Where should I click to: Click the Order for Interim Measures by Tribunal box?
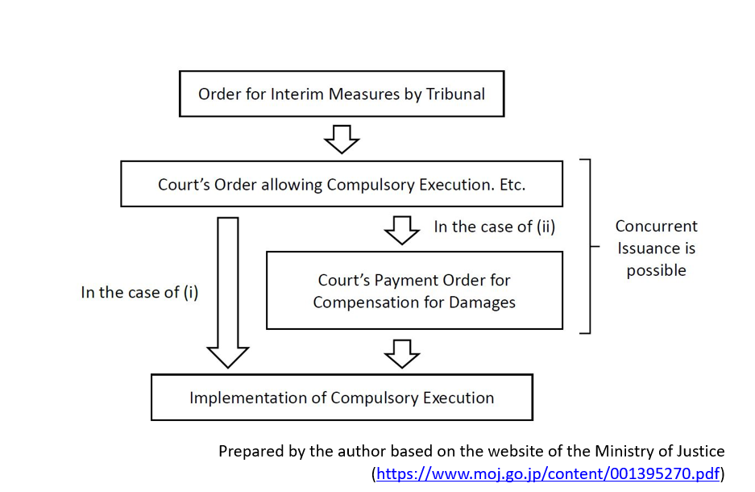[342, 94]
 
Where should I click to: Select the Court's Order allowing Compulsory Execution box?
[342, 184]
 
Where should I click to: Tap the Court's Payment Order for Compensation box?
[414, 290]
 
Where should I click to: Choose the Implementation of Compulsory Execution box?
[342, 398]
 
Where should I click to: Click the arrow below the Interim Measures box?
[342, 140]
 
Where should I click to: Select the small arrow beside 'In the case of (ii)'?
[402, 230]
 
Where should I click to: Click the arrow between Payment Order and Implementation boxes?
[402, 352]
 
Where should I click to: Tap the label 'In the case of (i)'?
[139, 292]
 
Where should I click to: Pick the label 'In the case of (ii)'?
[495, 227]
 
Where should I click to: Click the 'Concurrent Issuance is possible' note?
[656, 248]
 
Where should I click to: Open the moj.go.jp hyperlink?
[548, 473]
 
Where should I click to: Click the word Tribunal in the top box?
[454, 94]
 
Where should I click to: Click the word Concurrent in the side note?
[656, 226]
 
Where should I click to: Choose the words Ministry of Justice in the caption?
[659, 452]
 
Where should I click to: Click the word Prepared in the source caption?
[249, 452]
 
